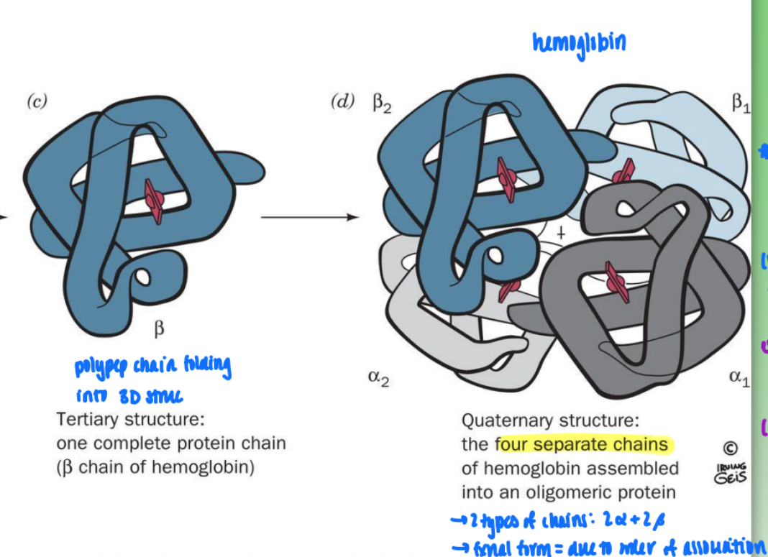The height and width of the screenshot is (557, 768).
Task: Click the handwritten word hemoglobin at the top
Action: click(579, 43)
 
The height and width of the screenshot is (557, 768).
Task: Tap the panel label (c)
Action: click(37, 101)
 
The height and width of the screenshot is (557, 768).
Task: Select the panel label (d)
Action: click(342, 101)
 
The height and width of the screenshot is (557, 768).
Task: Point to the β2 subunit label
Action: click(382, 105)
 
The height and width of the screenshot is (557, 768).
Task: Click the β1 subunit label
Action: click(741, 105)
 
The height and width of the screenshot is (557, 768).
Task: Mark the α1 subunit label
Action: click(739, 377)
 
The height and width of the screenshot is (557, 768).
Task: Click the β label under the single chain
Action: click(159, 329)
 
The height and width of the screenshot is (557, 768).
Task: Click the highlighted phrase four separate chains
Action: click(582, 445)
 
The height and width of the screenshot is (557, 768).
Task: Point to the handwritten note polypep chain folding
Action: click(152, 368)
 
